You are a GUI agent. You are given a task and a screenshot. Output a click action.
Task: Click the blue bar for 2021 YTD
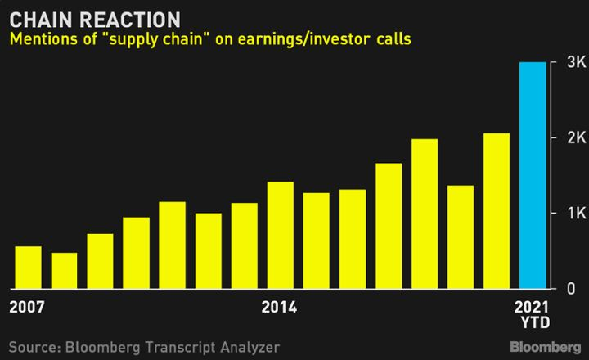pyautogui.click(x=533, y=175)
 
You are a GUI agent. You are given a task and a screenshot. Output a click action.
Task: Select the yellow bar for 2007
pyautogui.click(x=28, y=268)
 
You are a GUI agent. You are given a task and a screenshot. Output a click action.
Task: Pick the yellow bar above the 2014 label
pyautogui.click(x=281, y=236)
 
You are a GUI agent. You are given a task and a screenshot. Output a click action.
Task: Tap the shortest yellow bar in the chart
pyautogui.click(x=65, y=271)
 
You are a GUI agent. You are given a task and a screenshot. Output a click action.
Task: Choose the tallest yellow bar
pyautogui.click(x=497, y=211)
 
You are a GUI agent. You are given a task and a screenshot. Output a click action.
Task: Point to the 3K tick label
pyautogui.click(x=576, y=62)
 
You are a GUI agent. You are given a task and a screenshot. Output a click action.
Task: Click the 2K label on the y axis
pyautogui.click(x=576, y=138)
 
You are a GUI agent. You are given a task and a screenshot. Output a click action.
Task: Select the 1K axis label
pyautogui.click(x=577, y=213)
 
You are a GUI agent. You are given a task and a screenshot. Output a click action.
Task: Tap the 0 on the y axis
pyautogui.click(x=571, y=289)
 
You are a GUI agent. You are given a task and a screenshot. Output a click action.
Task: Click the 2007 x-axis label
pyautogui.click(x=27, y=307)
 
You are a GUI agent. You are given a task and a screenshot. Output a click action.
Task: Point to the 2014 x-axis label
pyautogui.click(x=279, y=307)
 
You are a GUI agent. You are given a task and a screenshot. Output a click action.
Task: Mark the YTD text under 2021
pyautogui.click(x=536, y=322)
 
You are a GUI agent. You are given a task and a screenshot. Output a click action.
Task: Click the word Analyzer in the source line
pyautogui.click(x=250, y=347)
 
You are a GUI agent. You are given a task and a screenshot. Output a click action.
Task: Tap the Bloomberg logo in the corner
pyautogui.click(x=546, y=347)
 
